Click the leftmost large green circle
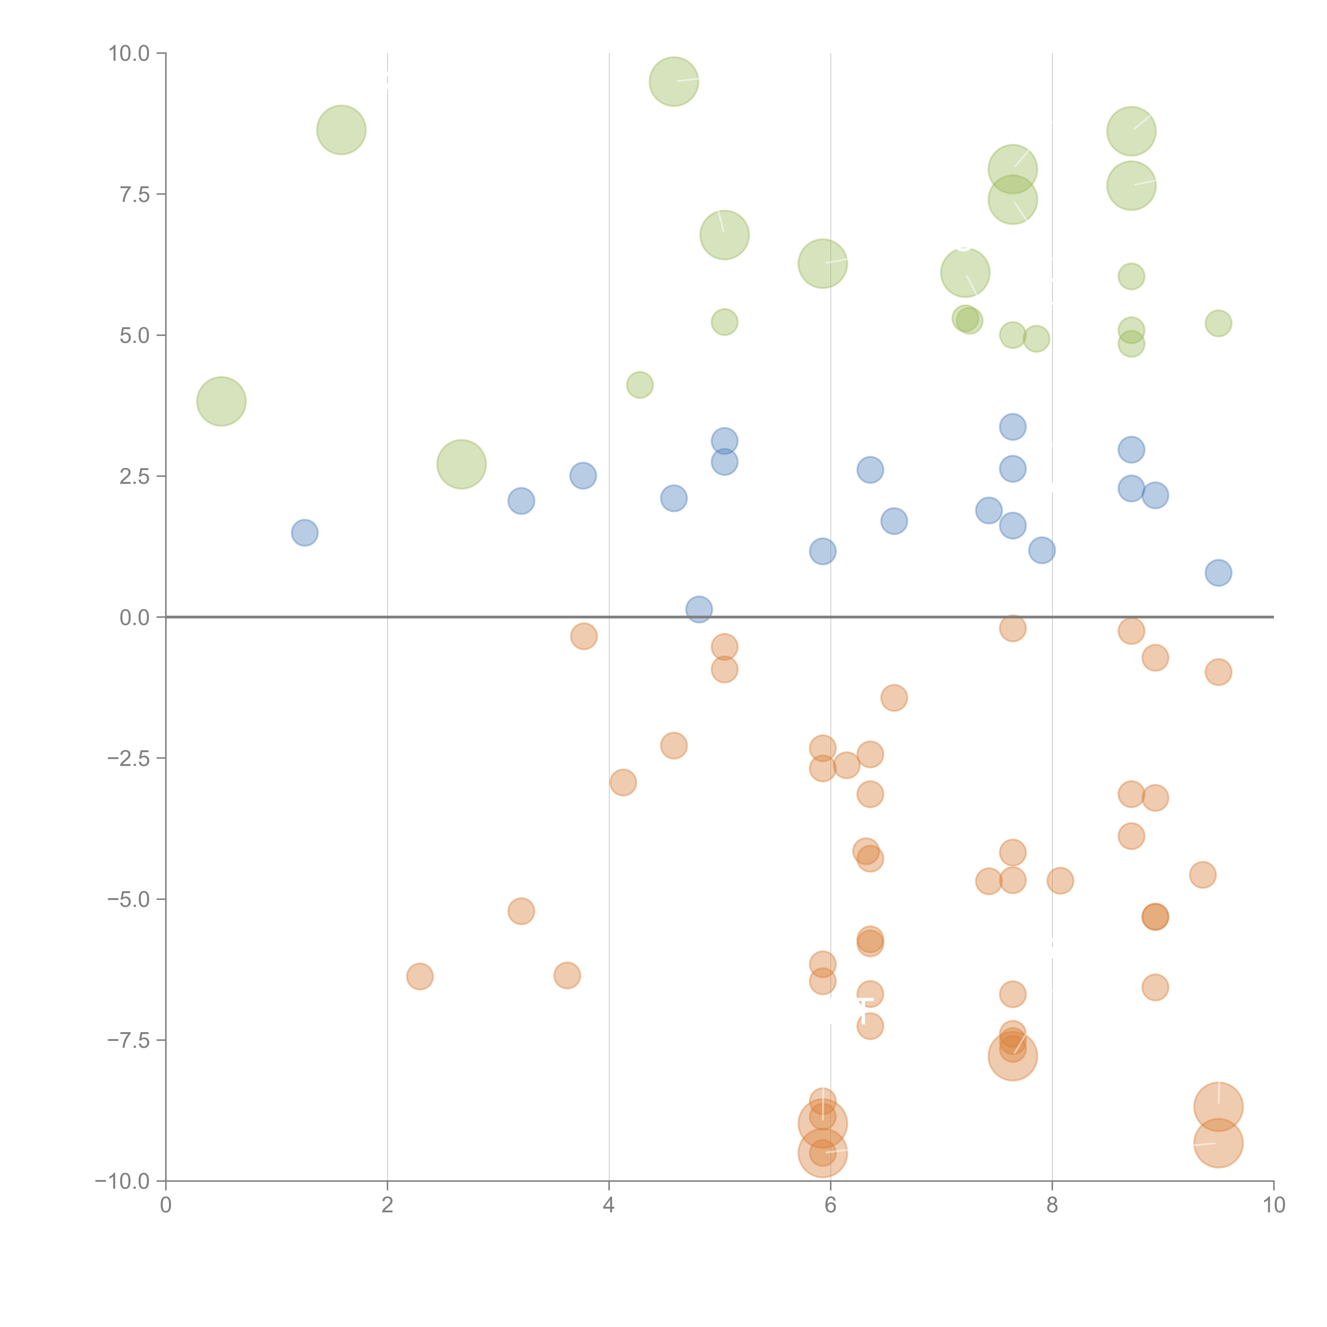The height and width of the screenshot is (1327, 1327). [x=221, y=401]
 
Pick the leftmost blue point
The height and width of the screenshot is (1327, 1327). [x=304, y=532]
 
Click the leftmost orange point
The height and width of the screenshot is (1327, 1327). [x=420, y=976]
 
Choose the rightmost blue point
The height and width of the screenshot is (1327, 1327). [x=1218, y=572]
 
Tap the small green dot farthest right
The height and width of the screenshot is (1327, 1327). [x=1218, y=324]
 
